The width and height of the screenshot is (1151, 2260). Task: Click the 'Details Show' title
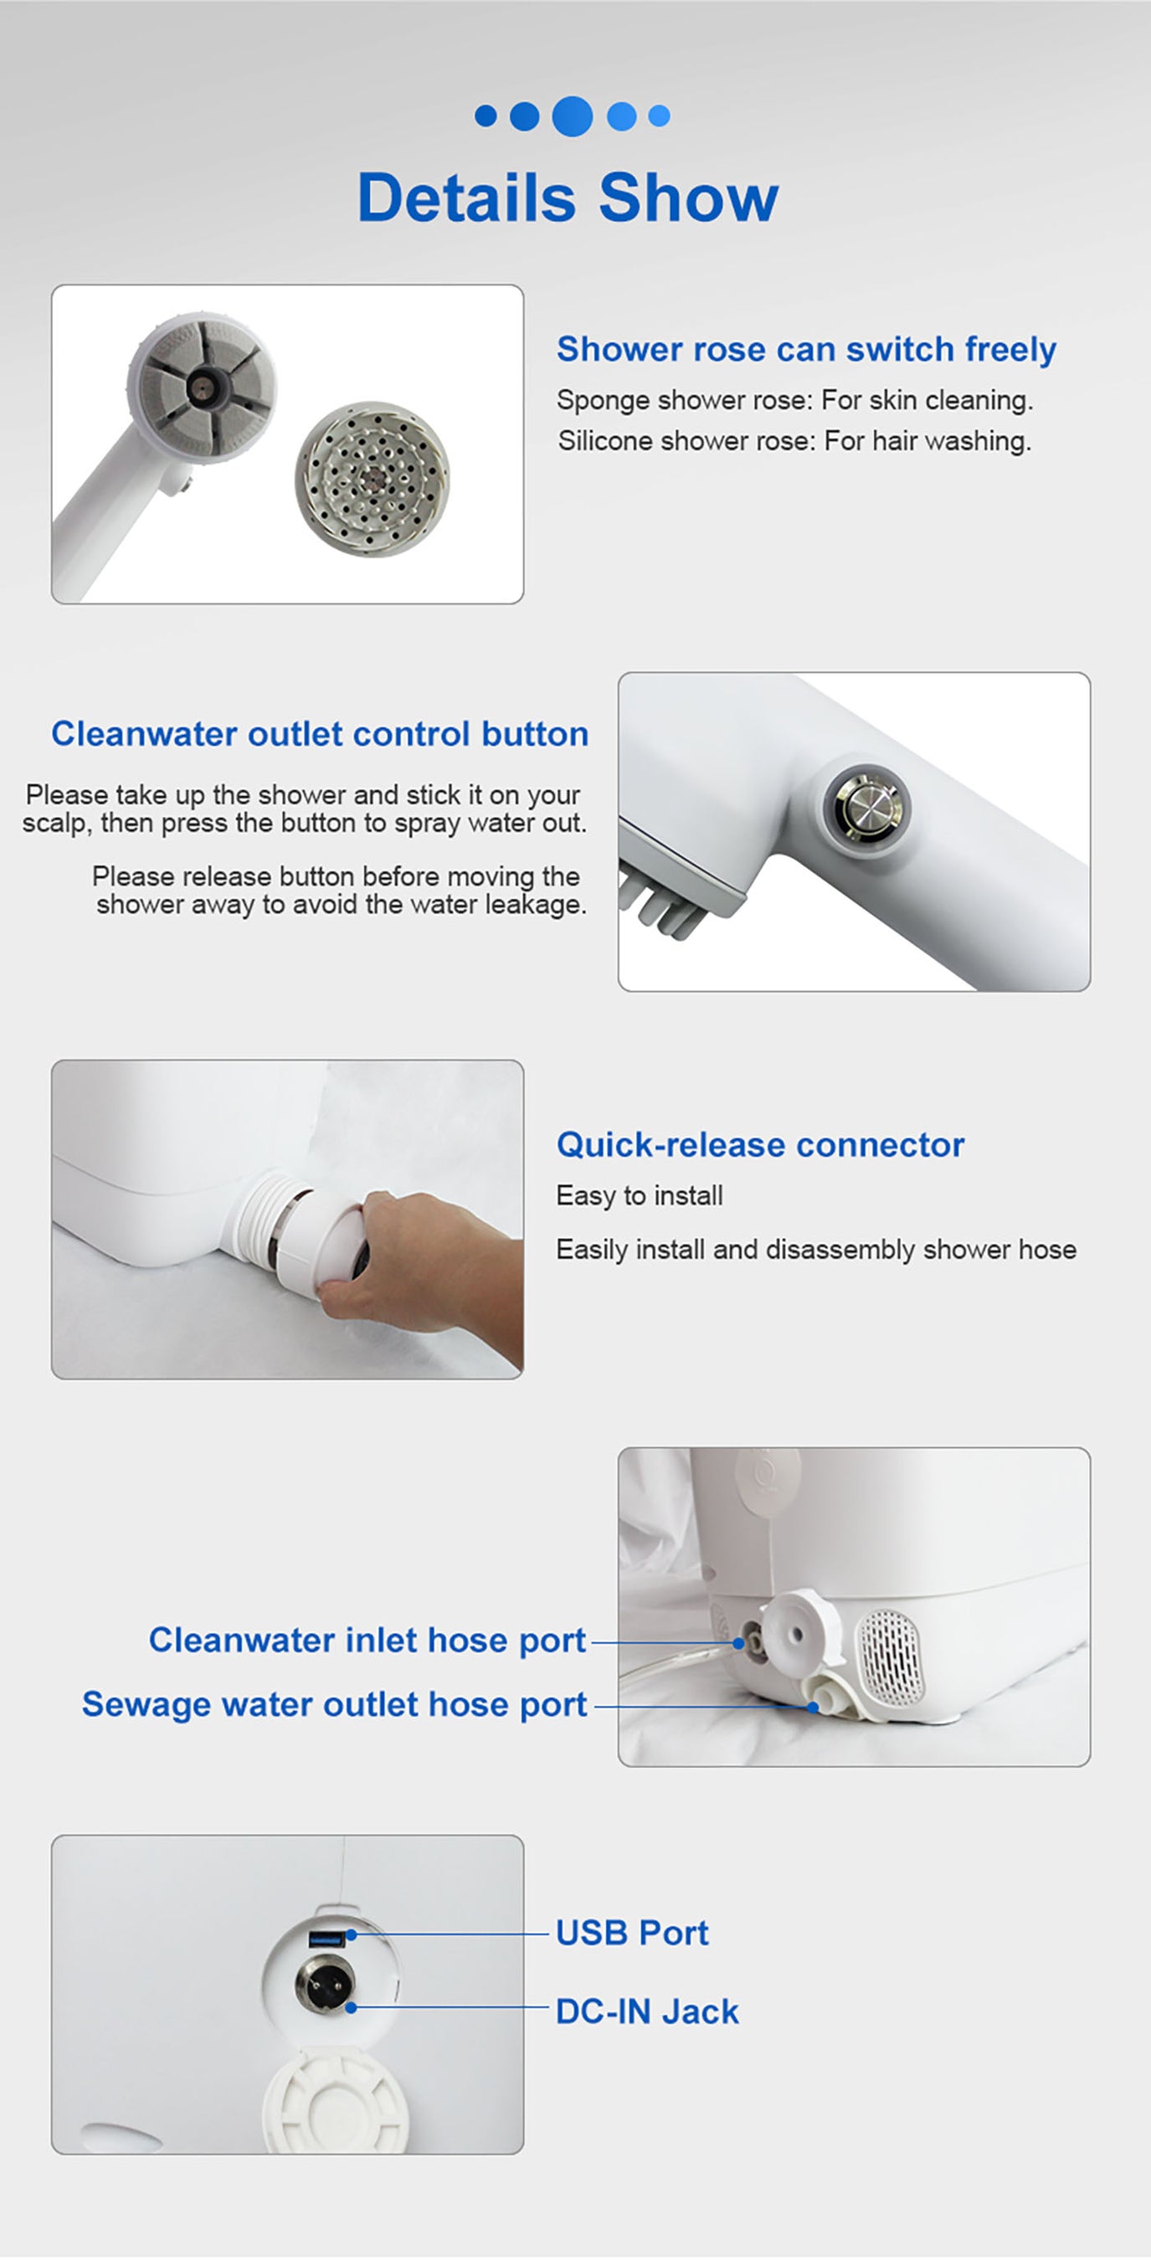tap(568, 198)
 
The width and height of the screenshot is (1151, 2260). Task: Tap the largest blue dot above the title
tap(572, 116)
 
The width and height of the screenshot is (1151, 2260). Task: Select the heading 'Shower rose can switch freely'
tap(805, 349)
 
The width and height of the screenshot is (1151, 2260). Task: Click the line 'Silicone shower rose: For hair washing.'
tap(794, 440)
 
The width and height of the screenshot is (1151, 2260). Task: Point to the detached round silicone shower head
tap(372, 478)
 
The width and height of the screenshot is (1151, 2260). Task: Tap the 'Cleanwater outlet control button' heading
tap(319, 733)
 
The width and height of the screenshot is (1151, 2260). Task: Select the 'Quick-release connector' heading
tap(760, 1145)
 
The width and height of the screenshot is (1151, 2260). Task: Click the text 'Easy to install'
tap(640, 1196)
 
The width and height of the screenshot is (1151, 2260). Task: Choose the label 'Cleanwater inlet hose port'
tap(367, 1640)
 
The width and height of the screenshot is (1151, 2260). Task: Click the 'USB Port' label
tap(632, 1933)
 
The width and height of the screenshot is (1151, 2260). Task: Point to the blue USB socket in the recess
tap(326, 1938)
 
